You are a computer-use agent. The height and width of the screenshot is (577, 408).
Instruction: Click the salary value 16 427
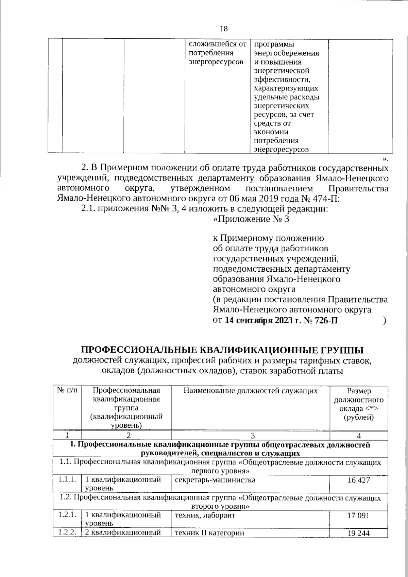coord(358,480)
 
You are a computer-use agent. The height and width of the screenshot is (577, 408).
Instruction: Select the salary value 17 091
coord(358,515)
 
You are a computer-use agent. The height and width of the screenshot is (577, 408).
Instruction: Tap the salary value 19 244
coord(358,533)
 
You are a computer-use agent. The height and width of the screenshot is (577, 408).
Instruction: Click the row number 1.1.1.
coord(67,480)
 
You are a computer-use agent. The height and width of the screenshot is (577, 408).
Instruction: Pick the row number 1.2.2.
coord(67,532)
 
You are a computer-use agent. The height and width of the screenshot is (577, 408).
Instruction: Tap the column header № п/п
coord(67,391)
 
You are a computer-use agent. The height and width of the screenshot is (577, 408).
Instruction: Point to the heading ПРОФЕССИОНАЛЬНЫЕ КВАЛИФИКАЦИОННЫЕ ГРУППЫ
coord(222,350)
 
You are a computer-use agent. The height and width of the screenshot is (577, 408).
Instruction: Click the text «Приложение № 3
coord(251,219)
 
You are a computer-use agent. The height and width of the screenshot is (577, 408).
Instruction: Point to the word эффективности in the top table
coord(282,80)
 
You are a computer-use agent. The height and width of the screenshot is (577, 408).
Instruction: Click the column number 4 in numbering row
coord(359,436)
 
